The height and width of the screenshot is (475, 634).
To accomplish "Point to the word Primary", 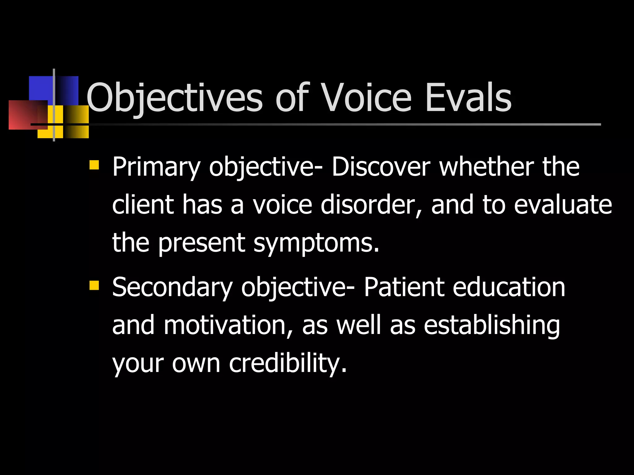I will (156, 168).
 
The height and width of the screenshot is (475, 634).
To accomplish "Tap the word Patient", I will (404, 287).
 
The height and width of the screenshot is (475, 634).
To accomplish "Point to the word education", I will (509, 287).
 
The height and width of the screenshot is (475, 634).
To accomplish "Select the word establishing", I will (492, 326).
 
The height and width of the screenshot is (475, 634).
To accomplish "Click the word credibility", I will (287, 364).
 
